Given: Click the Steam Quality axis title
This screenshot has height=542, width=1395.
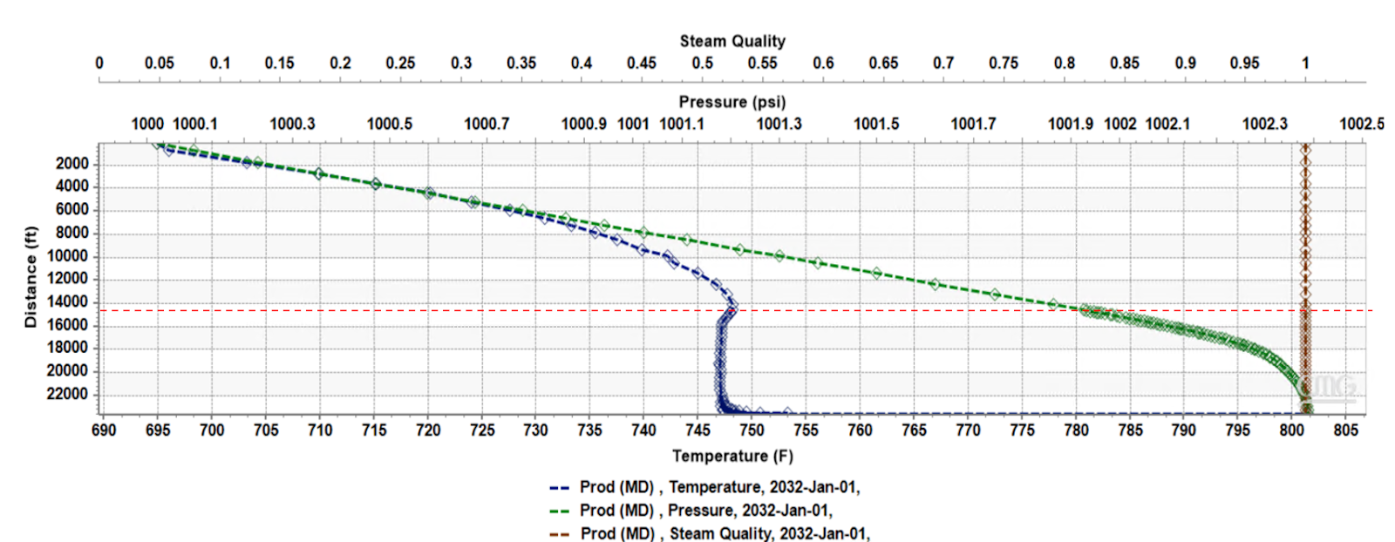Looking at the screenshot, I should [x=732, y=41].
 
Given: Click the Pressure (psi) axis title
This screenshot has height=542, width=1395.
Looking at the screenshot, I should [x=732, y=102].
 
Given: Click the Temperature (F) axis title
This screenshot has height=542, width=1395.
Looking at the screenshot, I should [x=732, y=456].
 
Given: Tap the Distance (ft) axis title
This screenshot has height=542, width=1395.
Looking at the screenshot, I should [x=31, y=277].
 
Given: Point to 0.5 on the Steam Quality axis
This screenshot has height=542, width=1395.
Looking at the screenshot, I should [x=702, y=63].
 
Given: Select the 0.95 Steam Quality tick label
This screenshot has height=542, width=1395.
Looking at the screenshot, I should [x=1244, y=63].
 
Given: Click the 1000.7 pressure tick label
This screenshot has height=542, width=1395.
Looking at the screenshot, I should [x=487, y=124].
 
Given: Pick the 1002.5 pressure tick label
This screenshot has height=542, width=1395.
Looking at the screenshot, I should [x=1361, y=124].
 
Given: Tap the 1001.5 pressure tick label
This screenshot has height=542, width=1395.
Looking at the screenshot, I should [x=876, y=124].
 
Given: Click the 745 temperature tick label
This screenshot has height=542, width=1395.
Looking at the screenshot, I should [x=697, y=430].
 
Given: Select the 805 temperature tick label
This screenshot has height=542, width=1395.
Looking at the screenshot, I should [x=1345, y=430].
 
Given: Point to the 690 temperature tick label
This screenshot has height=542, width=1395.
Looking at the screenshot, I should [x=104, y=430].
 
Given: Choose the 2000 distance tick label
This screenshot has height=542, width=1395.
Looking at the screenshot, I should [x=72, y=164].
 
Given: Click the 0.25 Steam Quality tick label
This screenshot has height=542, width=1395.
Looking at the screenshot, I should [x=400, y=63].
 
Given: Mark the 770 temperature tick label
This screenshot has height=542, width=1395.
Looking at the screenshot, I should [x=968, y=430].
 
